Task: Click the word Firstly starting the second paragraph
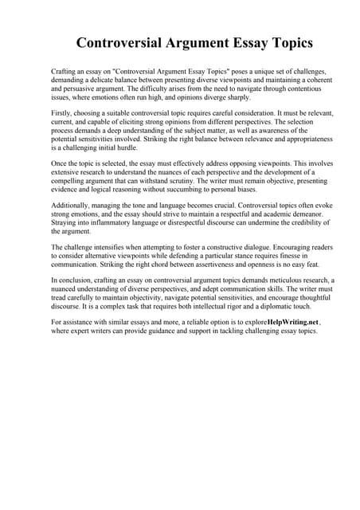(64, 115)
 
